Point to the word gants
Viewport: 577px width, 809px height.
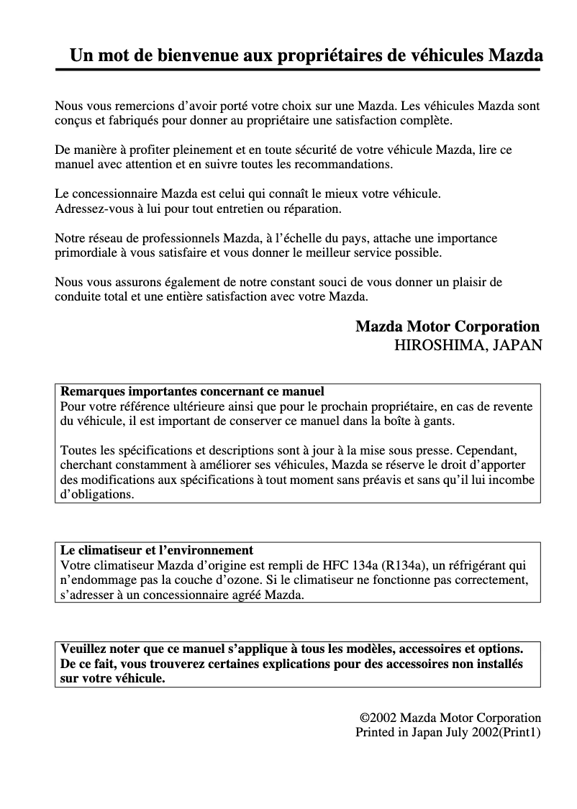[437, 421]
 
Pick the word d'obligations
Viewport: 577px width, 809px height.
[97, 495]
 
